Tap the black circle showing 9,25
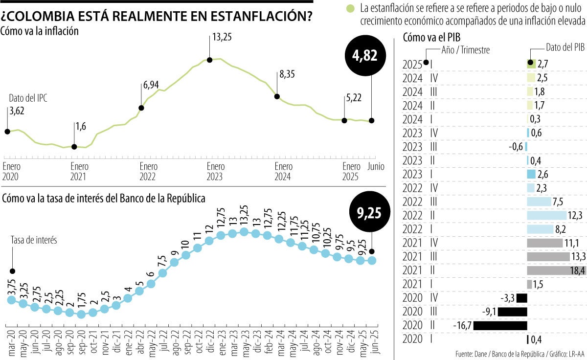370,213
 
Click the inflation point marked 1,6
74,146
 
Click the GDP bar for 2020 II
500,325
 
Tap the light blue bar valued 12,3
545,215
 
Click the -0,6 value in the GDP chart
517,146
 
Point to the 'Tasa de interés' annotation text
34,240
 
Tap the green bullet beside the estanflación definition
349,8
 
